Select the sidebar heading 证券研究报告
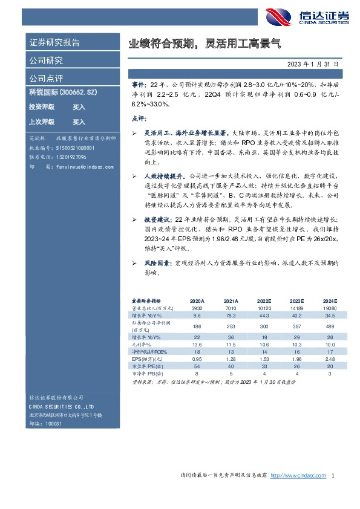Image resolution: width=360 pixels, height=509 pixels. (54, 43)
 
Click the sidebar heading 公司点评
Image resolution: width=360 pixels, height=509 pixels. (47, 79)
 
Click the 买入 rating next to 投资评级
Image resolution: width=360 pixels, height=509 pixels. (79, 107)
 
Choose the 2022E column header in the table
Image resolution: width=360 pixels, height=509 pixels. (264, 300)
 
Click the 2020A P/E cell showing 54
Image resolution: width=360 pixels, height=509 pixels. (197, 366)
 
